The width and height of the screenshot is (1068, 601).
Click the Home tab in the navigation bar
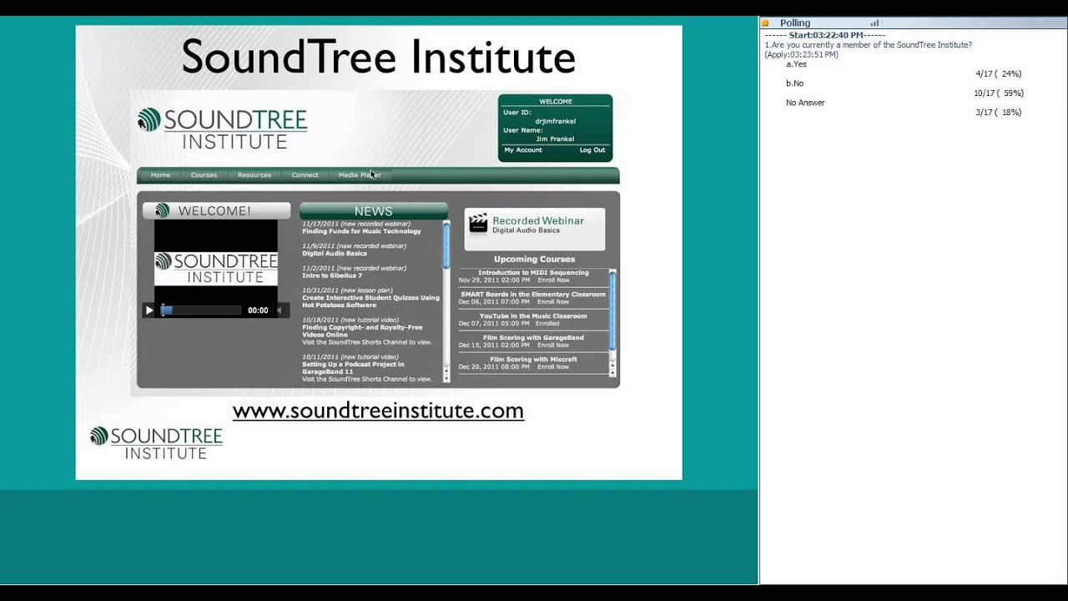(160, 175)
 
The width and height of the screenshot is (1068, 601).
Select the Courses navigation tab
(204, 175)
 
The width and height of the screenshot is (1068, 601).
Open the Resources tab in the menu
(254, 175)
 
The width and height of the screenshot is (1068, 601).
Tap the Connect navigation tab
(305, 175)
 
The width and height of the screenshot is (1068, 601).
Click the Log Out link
(592, 150)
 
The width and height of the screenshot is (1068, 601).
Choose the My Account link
(523, 150)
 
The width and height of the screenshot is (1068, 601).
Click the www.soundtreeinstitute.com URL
(378, 411)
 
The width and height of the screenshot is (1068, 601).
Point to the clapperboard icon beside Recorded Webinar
(478, 224)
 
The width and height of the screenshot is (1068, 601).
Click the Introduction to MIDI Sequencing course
(533, 273)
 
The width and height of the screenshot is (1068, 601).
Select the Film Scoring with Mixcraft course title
(533, 360)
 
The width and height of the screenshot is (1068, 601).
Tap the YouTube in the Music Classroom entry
(533, 316)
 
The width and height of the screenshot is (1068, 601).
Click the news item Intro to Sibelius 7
(332, 275)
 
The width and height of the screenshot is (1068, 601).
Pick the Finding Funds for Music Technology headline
(361, 231)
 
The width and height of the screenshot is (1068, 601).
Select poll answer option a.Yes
(796, 64)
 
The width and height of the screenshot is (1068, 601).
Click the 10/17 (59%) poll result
(998, 93)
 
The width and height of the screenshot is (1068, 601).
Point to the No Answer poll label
(805, 103)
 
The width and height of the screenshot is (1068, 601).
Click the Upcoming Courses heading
(534, 260)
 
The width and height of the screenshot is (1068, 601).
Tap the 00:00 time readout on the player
(258, 311)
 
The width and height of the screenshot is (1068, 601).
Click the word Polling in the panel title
(794, 23)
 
